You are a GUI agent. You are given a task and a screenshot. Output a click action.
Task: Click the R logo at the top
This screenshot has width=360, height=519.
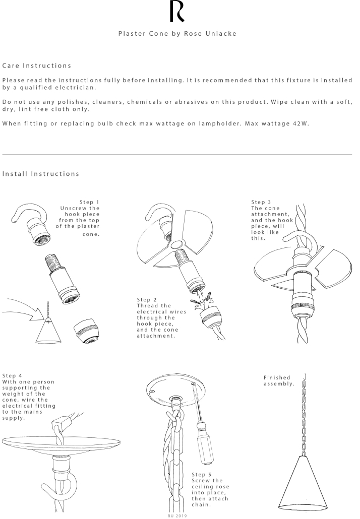coord(177,12)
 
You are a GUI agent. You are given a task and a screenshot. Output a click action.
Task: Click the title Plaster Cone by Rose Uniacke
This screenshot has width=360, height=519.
coord(177,33)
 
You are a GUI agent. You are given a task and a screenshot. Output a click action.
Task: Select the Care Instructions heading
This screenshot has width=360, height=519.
coord(37,66)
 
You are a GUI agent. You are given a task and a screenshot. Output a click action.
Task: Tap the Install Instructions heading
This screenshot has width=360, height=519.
coord(41,174)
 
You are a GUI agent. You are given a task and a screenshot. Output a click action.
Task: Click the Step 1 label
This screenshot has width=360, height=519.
coord(89,202)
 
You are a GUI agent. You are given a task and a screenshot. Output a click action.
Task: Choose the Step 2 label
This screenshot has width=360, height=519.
coord(147,299)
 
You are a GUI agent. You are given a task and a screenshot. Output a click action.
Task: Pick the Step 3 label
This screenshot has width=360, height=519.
coord(261,202)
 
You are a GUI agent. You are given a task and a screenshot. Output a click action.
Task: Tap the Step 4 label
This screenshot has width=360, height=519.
coord(12,375)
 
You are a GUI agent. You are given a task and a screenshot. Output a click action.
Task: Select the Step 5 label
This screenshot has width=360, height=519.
coord(201,474)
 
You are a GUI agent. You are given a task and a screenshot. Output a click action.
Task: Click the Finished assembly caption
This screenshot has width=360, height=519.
coord(279,380)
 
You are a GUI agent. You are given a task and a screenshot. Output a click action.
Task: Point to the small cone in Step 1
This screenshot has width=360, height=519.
coord(49,332)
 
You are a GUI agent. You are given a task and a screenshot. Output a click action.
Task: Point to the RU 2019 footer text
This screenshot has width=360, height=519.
coord(177,515)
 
